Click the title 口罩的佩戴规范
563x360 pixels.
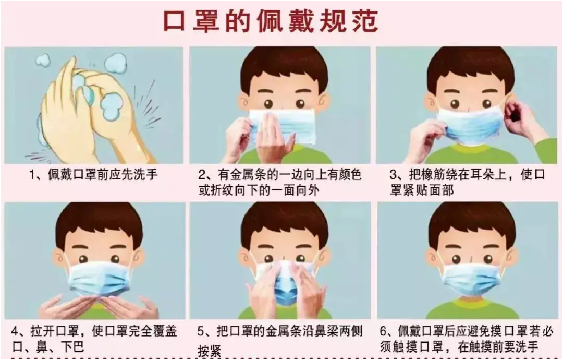click(271, 21)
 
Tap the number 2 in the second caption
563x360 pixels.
click(202, 175)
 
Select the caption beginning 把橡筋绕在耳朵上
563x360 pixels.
click(467, 183)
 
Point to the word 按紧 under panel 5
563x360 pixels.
click(210, 351)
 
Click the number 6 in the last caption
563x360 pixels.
click(384, 331)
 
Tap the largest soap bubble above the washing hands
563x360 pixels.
click(116, 64)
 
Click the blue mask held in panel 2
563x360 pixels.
click(283, 126)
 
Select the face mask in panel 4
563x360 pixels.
click(99, 279)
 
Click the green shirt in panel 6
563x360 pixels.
click(471, 309)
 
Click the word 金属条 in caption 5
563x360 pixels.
click(283, 331)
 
